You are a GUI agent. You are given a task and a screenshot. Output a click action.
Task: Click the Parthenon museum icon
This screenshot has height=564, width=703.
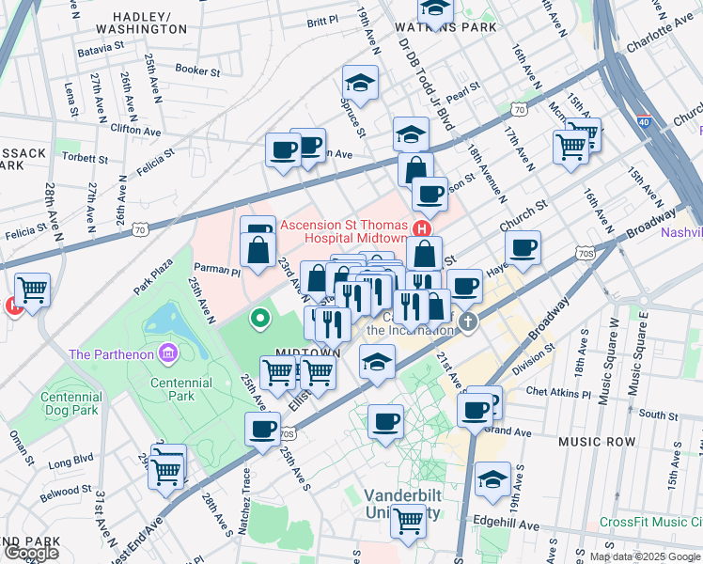point(167,353)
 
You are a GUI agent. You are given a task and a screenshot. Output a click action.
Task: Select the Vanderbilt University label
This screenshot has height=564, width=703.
point(401,499)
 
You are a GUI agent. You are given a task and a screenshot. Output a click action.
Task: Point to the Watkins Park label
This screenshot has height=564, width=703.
point(431,28)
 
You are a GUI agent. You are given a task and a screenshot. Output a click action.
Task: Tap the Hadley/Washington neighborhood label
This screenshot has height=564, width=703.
point(148,23)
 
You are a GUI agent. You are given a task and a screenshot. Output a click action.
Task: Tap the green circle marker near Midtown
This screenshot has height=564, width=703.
point(261,320)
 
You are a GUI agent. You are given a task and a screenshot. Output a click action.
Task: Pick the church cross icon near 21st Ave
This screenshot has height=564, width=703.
point(468,323)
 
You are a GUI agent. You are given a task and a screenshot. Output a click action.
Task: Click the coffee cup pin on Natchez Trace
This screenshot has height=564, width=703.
point(262,429)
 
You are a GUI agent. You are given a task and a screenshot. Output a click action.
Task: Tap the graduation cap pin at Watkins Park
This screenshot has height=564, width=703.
point(434,8)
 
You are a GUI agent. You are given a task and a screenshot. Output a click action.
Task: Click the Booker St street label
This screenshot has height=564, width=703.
point(197,70)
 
